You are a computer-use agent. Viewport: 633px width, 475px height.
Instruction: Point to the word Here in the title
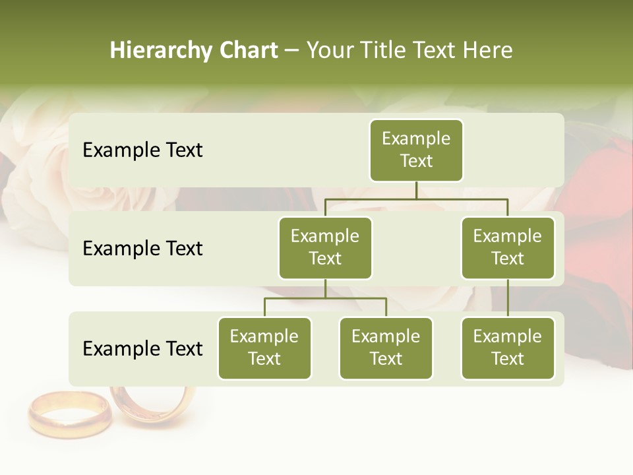(487, 51)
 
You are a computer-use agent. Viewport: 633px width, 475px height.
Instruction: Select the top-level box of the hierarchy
(416, 150)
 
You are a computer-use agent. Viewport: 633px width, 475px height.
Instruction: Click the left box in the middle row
(325, 247)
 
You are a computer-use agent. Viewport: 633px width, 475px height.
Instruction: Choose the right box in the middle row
(508, 247)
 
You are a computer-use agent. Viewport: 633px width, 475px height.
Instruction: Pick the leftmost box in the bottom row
(264, 348)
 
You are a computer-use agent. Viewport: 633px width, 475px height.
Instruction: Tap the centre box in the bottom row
(386, 348)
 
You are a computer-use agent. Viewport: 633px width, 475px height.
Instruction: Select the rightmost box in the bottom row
(508, 348)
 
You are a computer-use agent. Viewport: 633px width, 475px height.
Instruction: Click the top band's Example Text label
(142, 150)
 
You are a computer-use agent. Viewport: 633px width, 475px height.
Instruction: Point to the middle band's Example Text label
(142, 249)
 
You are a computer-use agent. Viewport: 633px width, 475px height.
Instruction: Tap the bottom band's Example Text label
(142, 348)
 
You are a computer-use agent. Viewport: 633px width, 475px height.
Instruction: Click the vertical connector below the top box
(416, 190)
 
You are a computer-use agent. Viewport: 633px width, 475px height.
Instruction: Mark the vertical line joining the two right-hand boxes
(508, 298)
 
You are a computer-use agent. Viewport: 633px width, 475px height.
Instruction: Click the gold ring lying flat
(69, 414)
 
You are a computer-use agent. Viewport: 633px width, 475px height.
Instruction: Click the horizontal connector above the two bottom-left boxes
(325, 298)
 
